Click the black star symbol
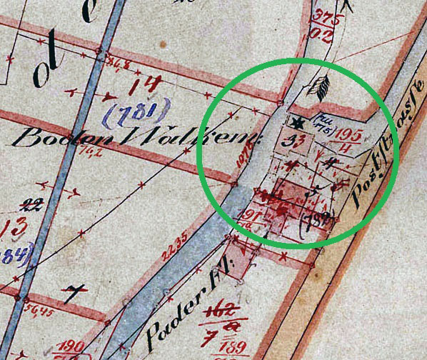297,123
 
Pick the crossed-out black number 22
30,206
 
